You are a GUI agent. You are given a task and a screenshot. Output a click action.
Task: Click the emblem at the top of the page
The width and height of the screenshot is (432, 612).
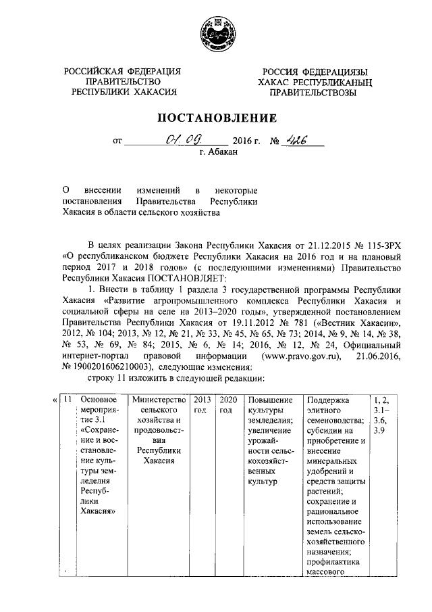pos(217,34)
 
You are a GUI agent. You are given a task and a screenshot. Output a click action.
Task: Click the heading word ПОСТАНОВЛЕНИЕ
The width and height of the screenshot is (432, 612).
pos(217,118)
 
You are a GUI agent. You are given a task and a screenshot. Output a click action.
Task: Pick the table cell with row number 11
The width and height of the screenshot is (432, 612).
pos(67,400)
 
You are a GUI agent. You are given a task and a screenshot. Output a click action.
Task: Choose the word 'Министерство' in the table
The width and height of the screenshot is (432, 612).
pos(157,400)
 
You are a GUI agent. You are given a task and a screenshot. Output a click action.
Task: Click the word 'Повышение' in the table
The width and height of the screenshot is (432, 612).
pos(269,400)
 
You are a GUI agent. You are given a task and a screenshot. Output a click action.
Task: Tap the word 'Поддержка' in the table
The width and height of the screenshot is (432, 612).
pos(327,400)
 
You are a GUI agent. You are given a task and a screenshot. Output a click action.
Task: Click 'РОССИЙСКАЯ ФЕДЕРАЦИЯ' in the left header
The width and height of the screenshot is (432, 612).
pos(123,71)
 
